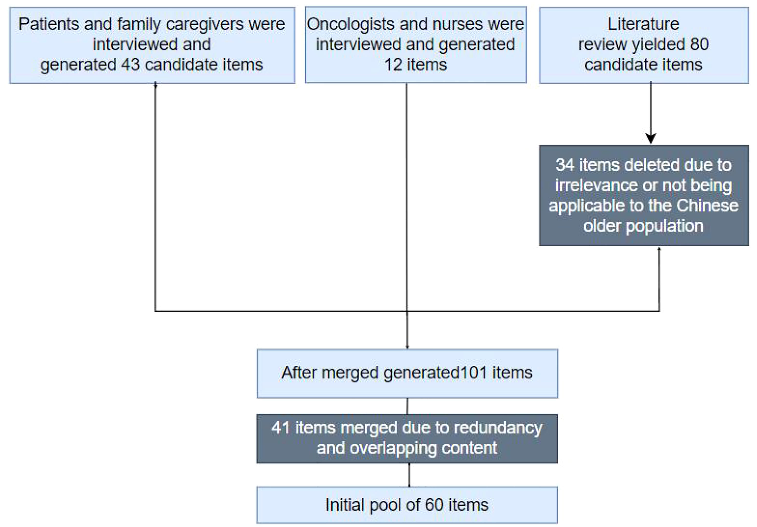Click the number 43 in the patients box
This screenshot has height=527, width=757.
click(130, 65)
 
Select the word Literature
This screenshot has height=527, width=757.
click(643, 24)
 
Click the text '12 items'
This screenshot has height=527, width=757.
click(416, 65)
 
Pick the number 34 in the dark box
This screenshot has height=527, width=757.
click(565, 165)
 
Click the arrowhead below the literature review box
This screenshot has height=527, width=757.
click(651, 138)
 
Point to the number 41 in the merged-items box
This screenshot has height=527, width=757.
click(281, 428)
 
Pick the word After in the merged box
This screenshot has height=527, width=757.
click(299, 373)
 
